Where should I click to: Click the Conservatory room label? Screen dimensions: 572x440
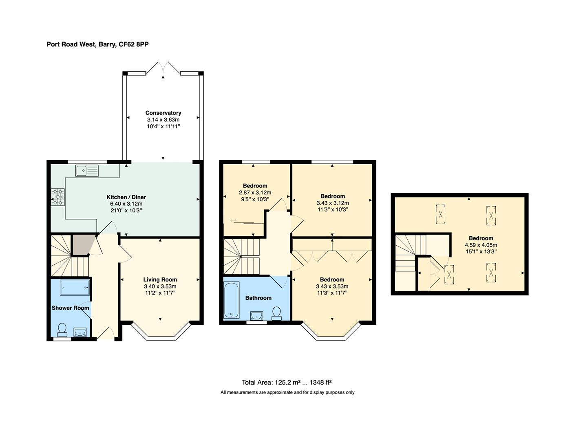tap(163, 113)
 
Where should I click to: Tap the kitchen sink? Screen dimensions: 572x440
tap(87, 171)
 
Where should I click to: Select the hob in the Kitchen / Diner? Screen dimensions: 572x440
tap(58, 197)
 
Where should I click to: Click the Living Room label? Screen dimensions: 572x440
tap(160, 279)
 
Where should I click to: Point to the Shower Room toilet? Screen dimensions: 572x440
tap(62, 330)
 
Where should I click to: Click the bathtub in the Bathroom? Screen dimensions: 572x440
tap(232, 300)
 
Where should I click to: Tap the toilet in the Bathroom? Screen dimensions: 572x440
tap(276, 313)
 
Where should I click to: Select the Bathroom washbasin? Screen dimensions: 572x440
tap(257, 316)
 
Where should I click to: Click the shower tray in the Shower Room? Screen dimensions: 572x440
tap(75, 288)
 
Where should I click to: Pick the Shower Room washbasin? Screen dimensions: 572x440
tap(80, 332)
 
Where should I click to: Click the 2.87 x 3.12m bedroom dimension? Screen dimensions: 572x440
tap(255, 193)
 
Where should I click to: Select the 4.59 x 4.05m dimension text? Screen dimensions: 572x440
tap(481, 245)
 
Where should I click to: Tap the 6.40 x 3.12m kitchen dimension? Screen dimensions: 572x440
tap(126, 204)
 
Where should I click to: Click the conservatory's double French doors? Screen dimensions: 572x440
tap(163, 68)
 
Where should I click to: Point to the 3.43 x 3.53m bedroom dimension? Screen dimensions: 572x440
tap(332, 286)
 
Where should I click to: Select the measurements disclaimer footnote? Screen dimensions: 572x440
tap(287, 392)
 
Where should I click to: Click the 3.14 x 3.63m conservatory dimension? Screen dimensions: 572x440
tap(163, 120)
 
